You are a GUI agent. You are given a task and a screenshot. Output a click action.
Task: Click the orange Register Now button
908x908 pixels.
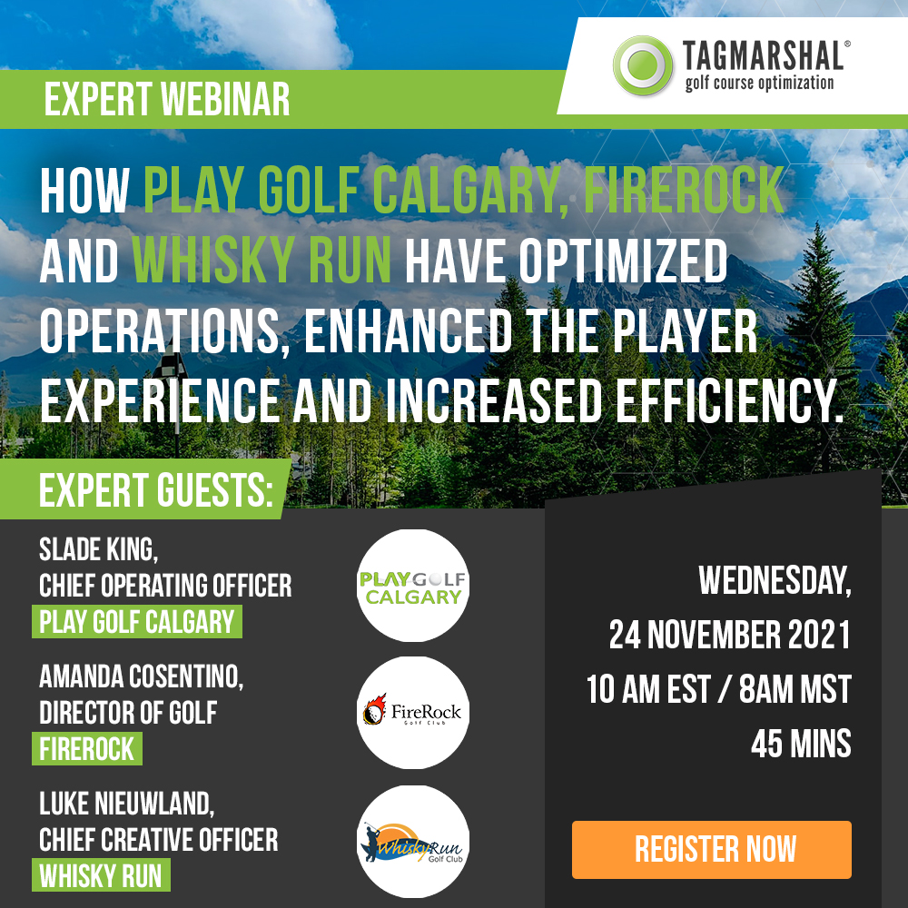pyautogui.click(x=712, y=850)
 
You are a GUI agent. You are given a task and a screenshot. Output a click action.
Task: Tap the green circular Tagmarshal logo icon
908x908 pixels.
pyautogui.click(x=643, y=65)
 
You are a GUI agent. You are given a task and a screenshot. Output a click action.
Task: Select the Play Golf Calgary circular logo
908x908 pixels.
pyautogui.click(x=413, y=586)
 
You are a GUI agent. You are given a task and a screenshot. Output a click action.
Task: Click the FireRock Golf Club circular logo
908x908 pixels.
pyautogui.click(x=413, y=713)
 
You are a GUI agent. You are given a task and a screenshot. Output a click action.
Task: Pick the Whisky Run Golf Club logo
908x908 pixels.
pyautogui.click(x=413, y=842)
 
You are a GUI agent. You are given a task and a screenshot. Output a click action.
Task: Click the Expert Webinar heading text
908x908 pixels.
pyautogui.click(x=167, y=99)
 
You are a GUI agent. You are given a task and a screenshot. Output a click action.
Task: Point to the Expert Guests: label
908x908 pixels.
pyautogui.click(x=156, y=490)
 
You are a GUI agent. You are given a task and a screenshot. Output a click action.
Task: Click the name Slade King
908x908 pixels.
pyautogui.click(x=98, y=549)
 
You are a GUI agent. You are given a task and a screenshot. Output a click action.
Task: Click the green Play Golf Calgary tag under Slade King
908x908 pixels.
pyautogui.click(x=137, y=622)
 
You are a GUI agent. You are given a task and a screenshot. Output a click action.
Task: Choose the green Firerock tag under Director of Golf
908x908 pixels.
pyautogui.click(x=87, y=749)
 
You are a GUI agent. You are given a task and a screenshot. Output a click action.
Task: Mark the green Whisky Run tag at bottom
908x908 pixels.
pyautogui.click(x=101, y=875)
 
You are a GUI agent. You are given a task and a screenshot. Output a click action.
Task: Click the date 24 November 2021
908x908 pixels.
pyautogui.click(x=730, y=635)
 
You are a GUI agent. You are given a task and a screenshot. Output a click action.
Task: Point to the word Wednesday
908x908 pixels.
pyautogui.click(x=775, y=580)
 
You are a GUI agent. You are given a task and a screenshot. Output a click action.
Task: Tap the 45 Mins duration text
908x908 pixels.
pyautogui.click(x=801, y=745)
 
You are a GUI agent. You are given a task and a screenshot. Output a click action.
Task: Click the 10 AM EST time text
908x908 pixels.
pyautogui.click(x=648, y=690)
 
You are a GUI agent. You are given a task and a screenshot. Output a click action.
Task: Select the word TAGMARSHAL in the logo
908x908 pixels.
pyautogui.click(x=764, y=56)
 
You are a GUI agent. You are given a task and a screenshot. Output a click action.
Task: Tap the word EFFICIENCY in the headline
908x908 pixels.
pyautogui.click(x=728, y=400)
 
